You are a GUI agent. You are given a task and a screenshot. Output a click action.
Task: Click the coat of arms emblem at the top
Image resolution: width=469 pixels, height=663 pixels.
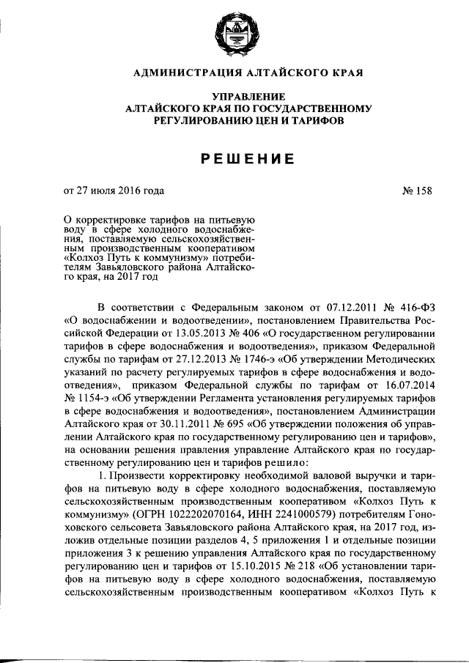(234, 35)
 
